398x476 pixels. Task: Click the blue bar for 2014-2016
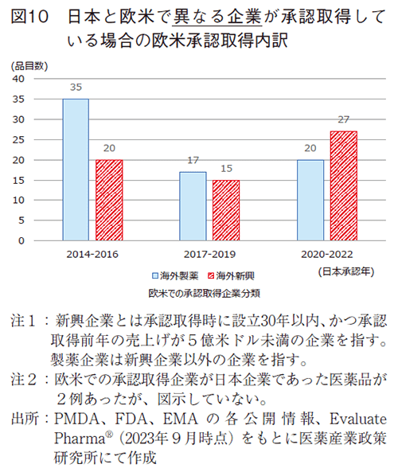click(76, 170)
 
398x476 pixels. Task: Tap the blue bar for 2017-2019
click(193, 206)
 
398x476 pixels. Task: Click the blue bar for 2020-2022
click(310, 200)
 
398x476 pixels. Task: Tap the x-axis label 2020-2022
click(327, 254)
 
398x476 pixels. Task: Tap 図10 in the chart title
click(32, 18)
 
